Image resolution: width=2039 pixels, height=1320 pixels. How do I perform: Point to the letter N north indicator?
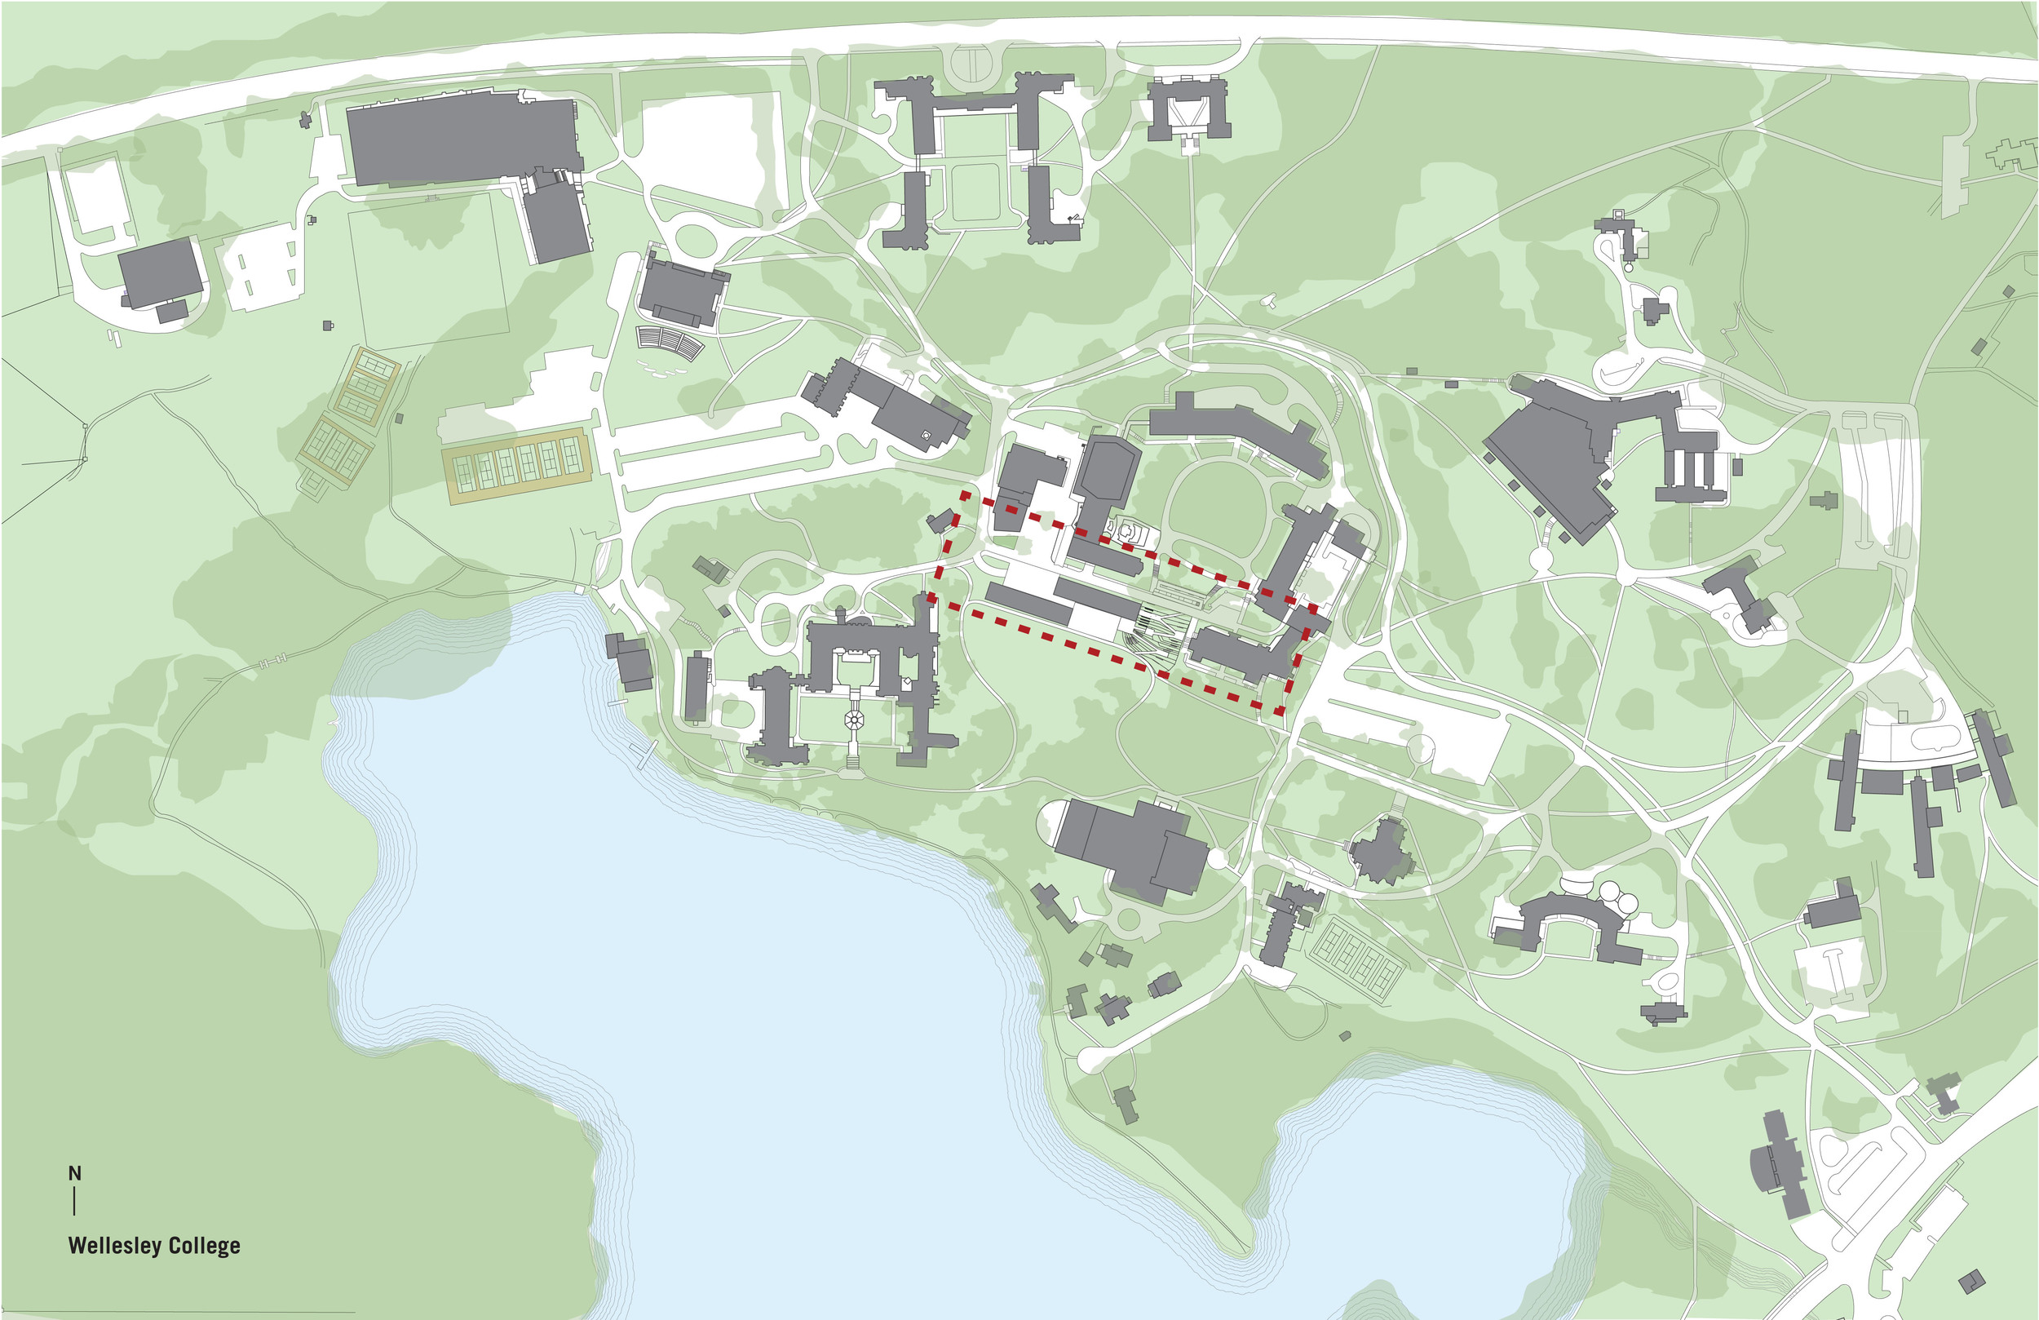[74, 1172]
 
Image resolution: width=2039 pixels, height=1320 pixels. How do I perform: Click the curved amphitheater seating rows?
[669, 343]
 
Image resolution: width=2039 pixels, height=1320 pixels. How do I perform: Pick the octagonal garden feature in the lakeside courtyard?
[854, 719]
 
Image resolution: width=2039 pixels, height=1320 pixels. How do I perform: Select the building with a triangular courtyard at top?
[1188, 109]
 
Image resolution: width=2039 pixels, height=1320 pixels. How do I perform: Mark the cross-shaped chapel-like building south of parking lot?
[1380, 851]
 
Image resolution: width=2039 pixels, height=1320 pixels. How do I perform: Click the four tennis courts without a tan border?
[1359, 955]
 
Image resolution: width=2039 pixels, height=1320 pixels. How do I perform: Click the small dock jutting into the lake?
[643, 755]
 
